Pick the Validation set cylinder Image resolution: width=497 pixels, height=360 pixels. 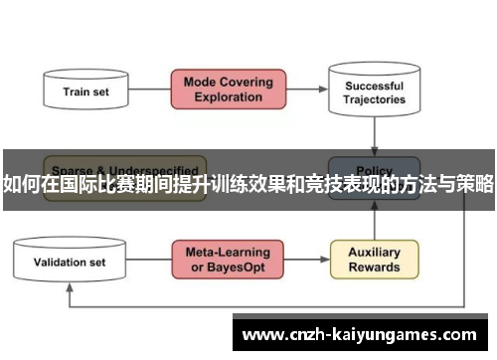pos(70,263)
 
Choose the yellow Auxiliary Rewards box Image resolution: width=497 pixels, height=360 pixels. pos(374,260)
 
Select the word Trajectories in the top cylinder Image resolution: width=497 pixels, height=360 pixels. pos(374,99)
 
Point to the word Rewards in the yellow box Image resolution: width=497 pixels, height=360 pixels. pos(374,268)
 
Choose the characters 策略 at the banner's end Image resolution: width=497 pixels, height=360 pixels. pos(474,183)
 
